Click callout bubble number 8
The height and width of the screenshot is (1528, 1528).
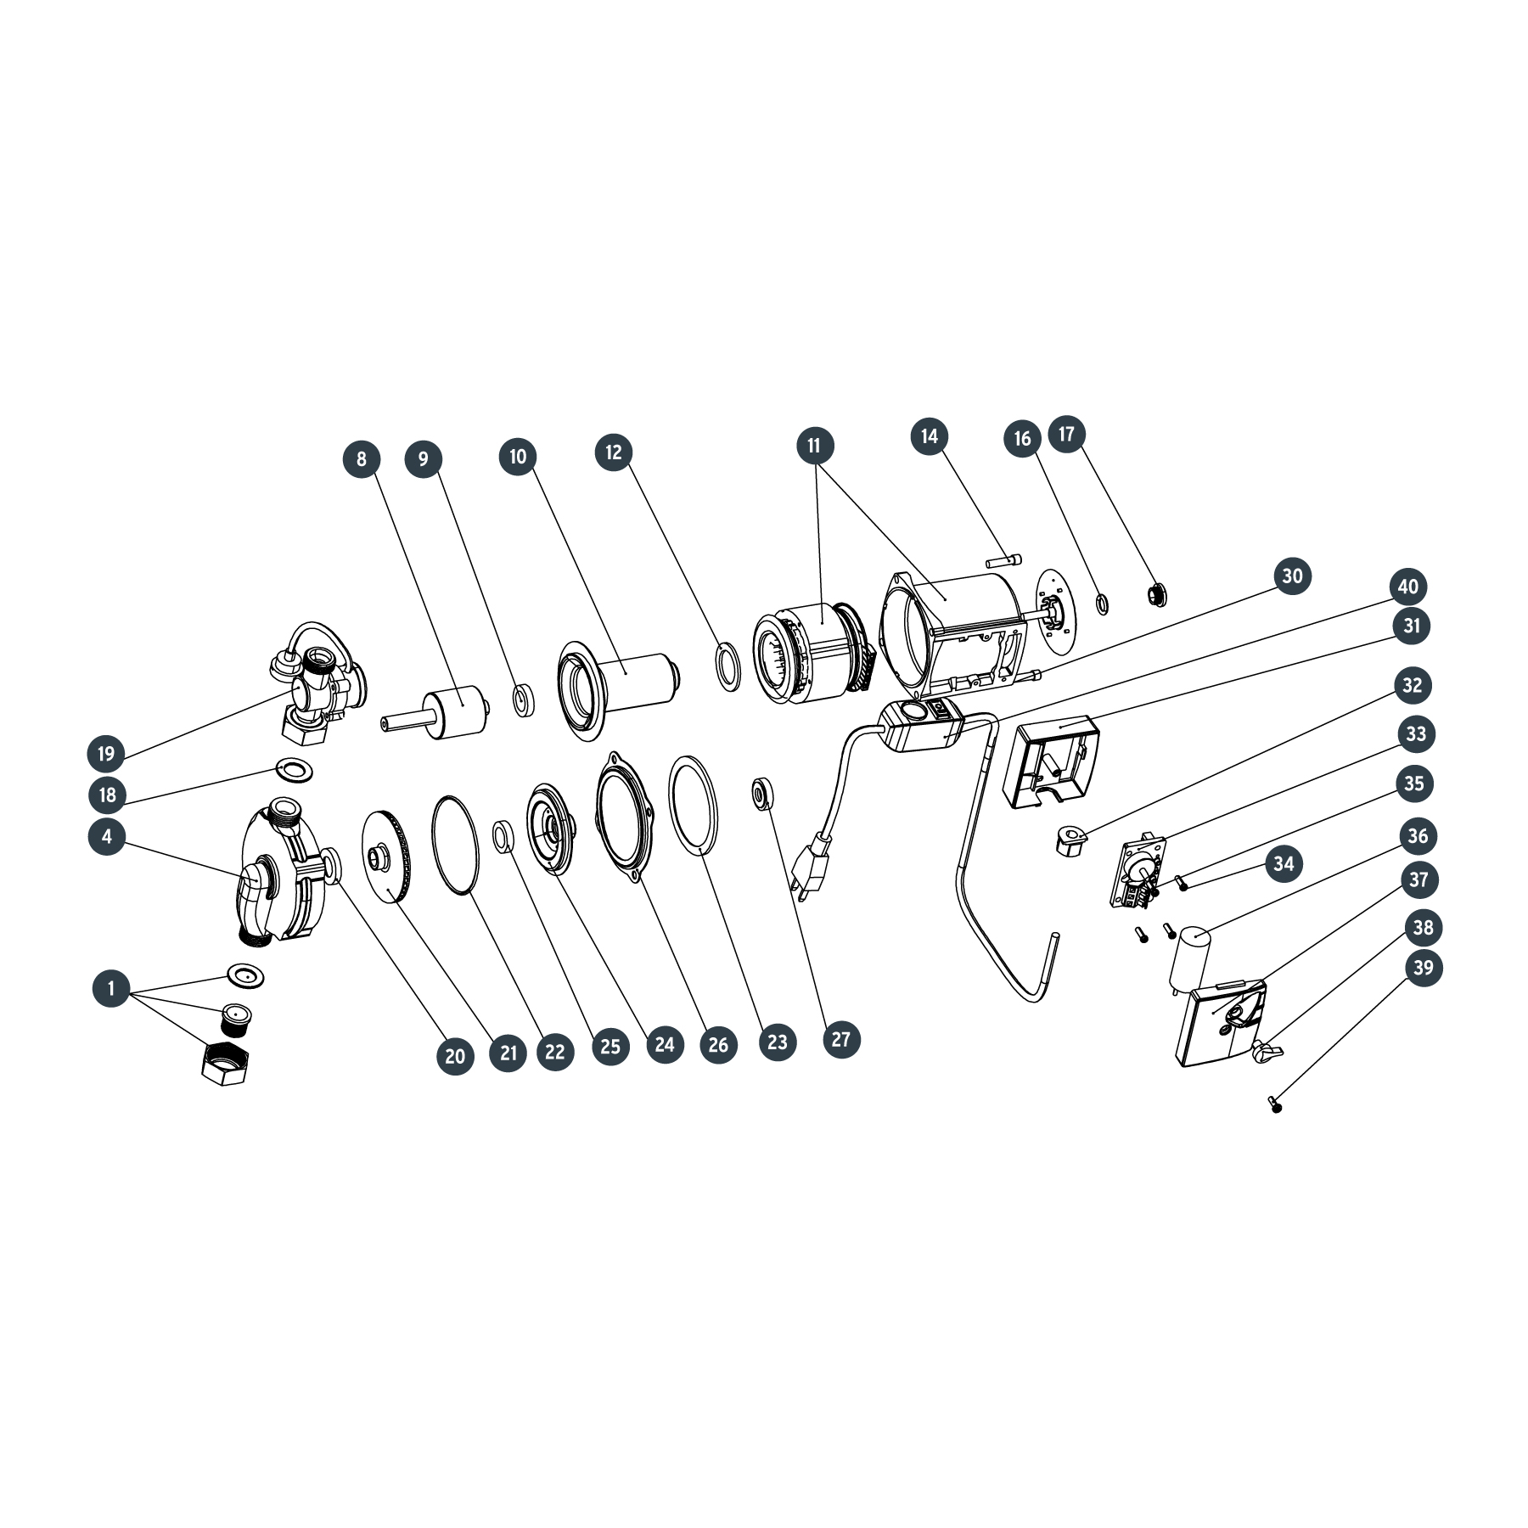(x=362, y=459)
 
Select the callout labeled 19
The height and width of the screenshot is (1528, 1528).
(x=106, y=754)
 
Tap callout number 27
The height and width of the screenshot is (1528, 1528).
(x=841, y=1039)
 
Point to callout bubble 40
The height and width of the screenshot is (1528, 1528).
(x=1407, y=587)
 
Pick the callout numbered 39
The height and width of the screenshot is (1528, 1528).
(x=1424, y=968)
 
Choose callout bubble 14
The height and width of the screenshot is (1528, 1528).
(x=930, y=436)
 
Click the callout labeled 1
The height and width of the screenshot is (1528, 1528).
(x=111, y=988)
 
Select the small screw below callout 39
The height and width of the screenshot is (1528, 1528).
(x=1274, y=1104)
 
